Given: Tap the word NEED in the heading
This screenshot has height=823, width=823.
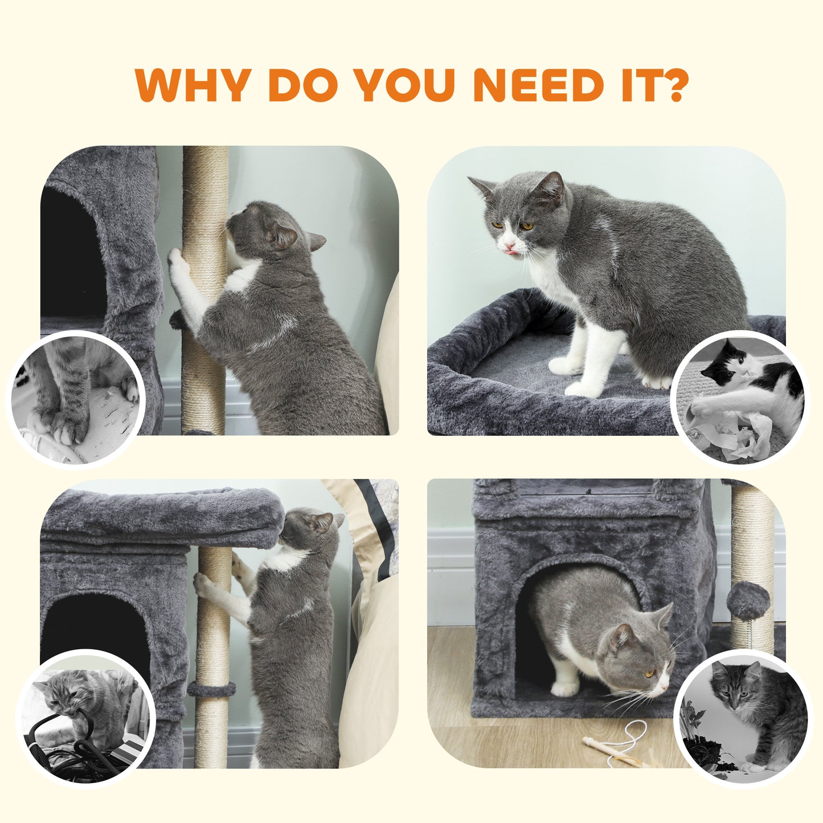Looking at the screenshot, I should [x=538, y=85].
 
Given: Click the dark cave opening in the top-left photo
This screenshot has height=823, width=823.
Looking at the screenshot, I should [x=71, y=256].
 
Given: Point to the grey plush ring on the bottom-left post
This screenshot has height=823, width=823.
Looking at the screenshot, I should [x=211, y=689].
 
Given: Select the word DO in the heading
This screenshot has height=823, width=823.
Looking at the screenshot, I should [x=302, y=85].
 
